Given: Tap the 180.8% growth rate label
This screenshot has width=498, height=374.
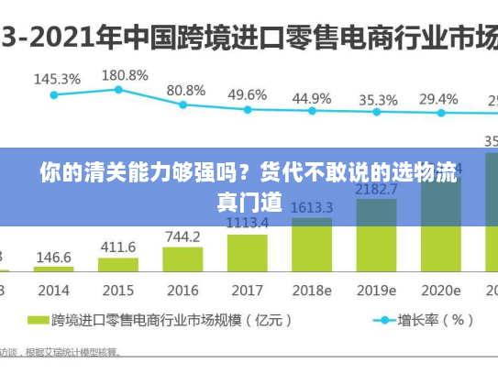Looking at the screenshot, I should [x=124, y=74].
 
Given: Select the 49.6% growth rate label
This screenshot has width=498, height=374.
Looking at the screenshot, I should [x=247, y=94].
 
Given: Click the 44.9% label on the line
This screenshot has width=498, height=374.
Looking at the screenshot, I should [x=312, y=97].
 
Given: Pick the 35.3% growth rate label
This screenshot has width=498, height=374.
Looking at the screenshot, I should [x=378, y=99].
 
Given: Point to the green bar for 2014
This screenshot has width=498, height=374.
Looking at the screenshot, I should [x=54, y=269].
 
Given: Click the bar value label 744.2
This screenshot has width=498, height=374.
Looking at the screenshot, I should [x=183, y=236].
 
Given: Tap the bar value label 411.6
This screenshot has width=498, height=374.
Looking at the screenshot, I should [x=117, y=247].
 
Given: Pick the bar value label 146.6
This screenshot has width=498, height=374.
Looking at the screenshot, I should [x=54, y=258].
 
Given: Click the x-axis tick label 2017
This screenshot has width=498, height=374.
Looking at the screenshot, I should [x=247, y=290].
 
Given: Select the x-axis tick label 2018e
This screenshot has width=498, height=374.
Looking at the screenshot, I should [x=312, y=290].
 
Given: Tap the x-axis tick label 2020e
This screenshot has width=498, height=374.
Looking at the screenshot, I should [x=442, y=290].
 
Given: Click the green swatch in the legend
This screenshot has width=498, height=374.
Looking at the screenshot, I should [x=38, y=321].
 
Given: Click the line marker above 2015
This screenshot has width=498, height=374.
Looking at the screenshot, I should [x=118, y=89].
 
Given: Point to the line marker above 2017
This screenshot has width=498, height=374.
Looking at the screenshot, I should [x=247, y=109].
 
